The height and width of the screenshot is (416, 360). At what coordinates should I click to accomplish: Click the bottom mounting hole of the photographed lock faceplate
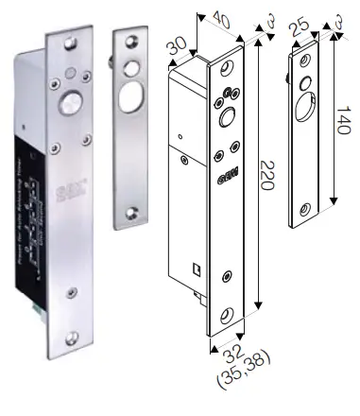pyautogui.click(x=73, y=335)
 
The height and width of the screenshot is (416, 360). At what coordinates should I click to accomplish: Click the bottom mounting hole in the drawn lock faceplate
pyautogui.click(x=227, y=314)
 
